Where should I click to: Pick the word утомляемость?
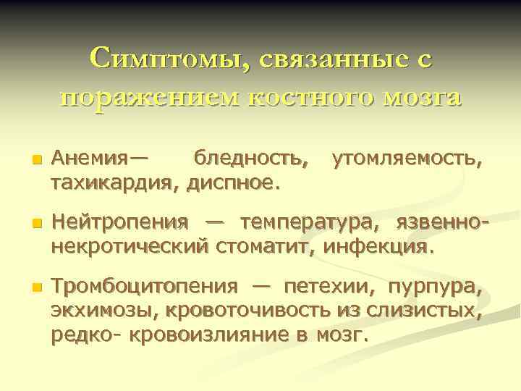click(406, 157)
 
